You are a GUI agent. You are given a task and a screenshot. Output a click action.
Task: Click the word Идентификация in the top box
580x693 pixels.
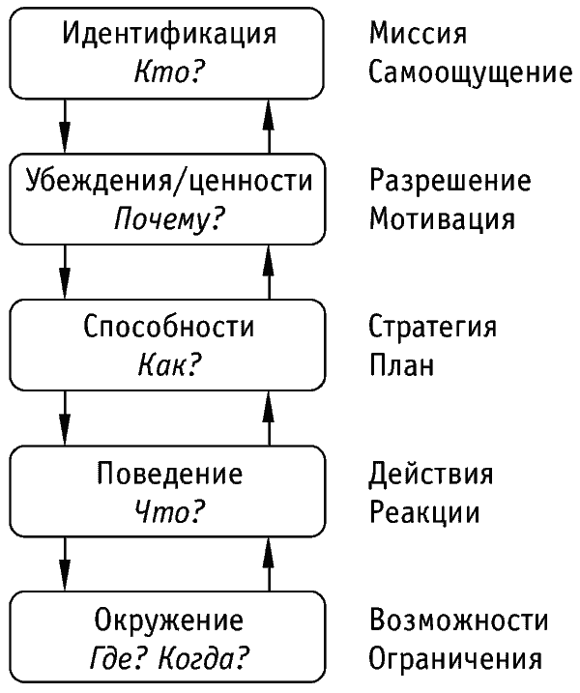[x=169, y=35]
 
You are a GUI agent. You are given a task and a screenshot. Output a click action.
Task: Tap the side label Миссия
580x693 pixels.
[x=418, y=34]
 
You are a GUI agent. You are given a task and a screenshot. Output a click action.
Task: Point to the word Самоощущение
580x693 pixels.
[x=471, y=72]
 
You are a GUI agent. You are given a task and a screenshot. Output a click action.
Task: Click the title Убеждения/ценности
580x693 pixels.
[x=169, y=181]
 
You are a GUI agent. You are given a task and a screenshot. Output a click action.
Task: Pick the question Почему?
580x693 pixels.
[x=169, y=219]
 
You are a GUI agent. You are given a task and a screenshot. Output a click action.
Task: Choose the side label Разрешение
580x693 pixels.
[x=450, y=182]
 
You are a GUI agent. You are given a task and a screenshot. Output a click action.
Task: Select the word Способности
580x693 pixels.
[x=169, y=327]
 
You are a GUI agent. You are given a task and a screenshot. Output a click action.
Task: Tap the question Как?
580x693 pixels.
[x=169, y=365]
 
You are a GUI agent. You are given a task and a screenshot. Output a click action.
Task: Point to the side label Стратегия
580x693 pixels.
[x=433, y=328]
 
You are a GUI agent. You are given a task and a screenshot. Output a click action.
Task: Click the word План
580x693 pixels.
[x=401, y=365]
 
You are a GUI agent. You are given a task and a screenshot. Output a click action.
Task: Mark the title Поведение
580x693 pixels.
[x=170, y=475]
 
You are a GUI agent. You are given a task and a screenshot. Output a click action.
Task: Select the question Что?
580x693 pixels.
[x=169, y=512]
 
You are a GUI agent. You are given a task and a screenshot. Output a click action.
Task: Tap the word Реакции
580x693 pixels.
[x=424, y=512]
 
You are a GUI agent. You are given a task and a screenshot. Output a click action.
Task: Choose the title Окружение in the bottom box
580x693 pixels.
[x=169, y=621]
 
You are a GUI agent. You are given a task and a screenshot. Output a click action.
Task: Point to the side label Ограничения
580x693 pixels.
[x=455, y=658]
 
